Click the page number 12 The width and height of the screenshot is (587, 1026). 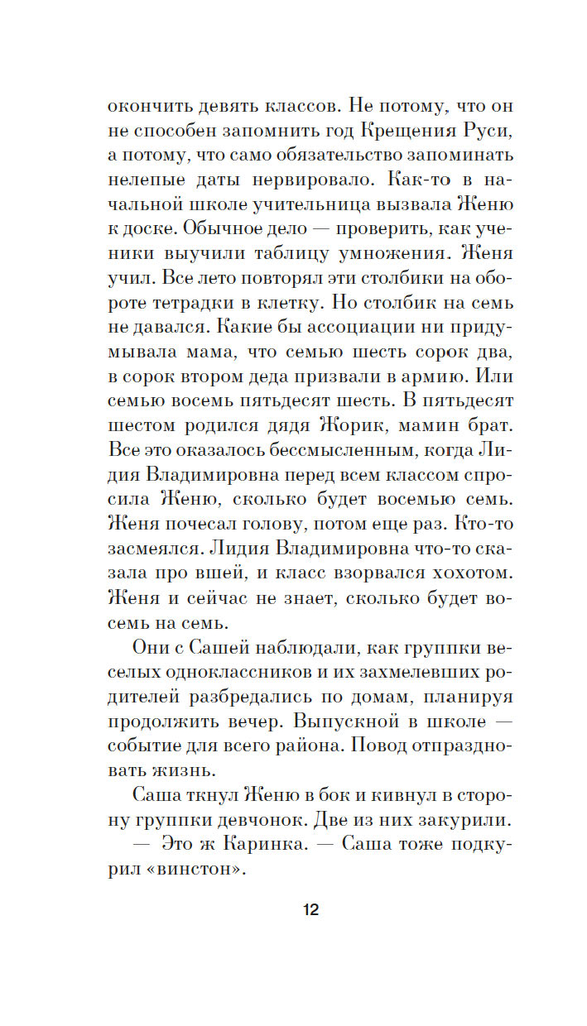click(310, 910)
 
